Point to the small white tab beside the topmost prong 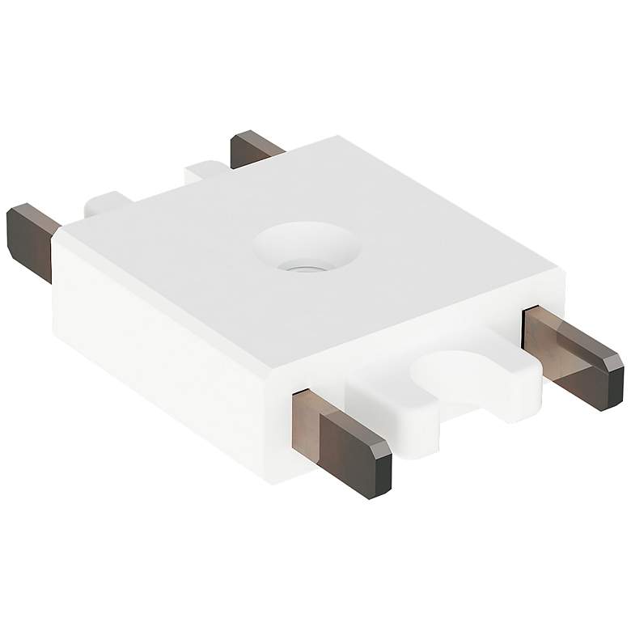pos(205,172)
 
